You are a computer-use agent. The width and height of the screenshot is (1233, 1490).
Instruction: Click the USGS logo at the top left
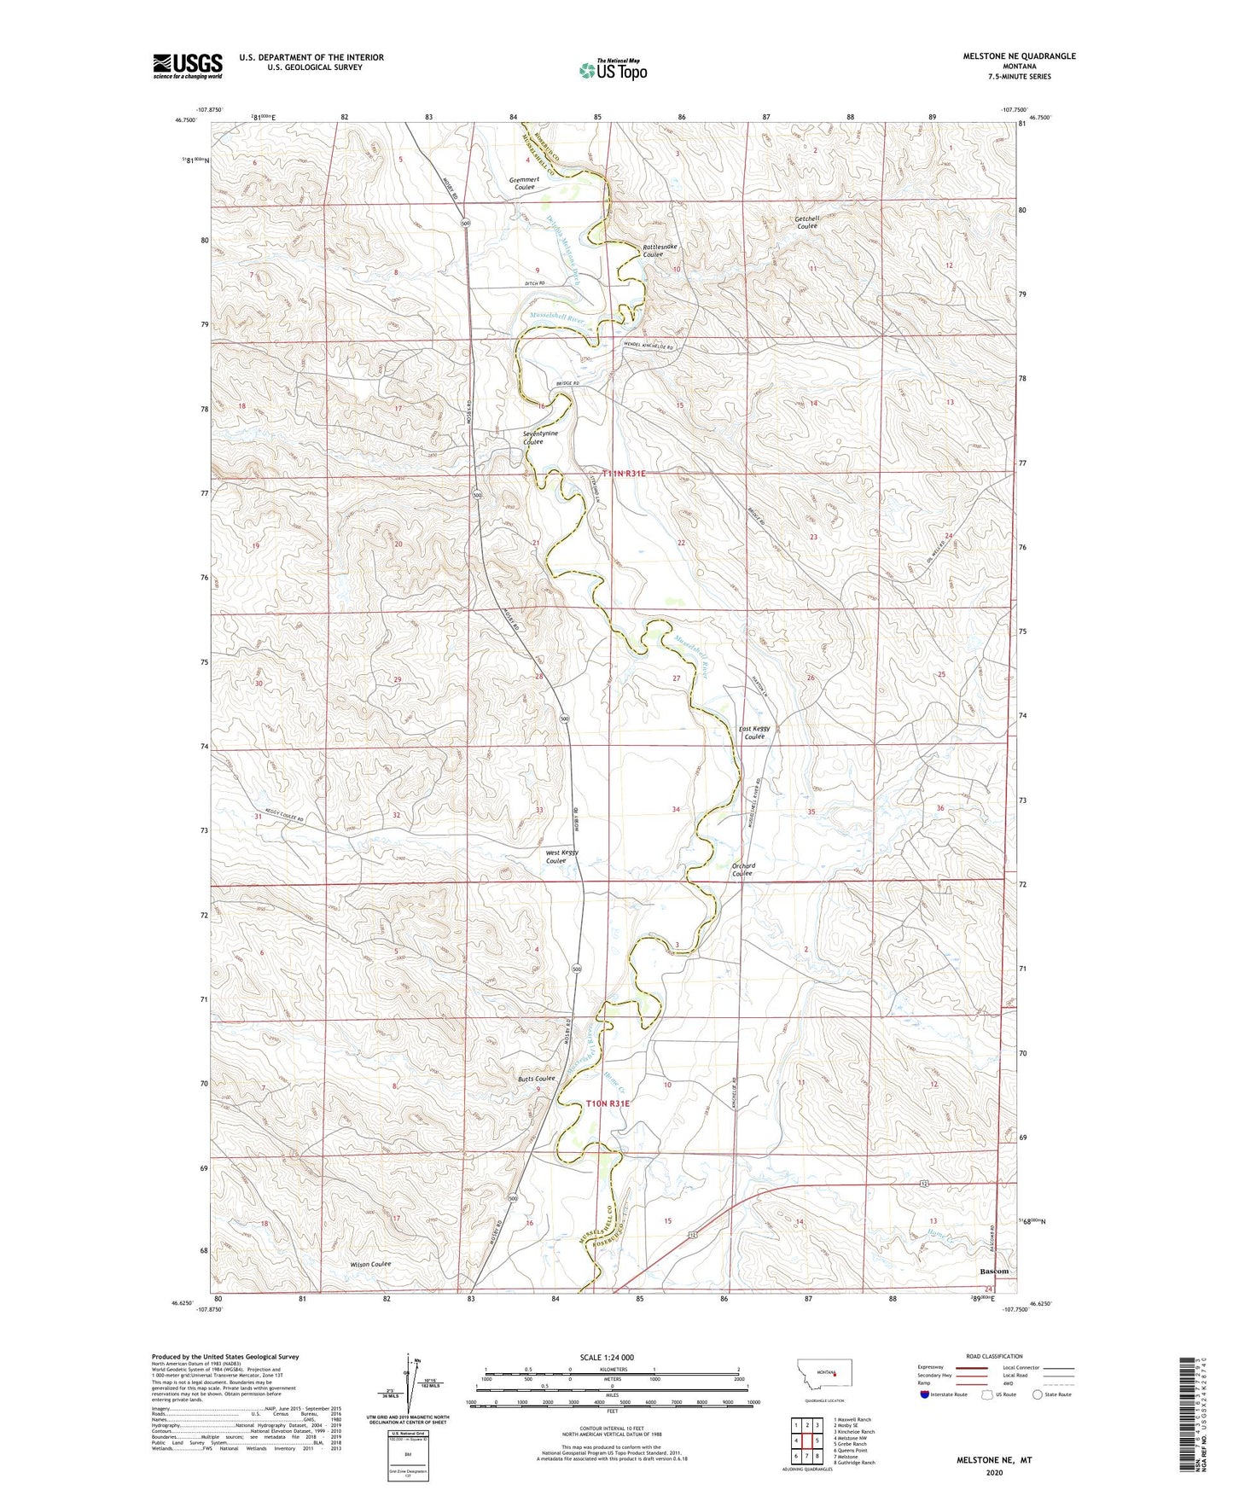tap(188, 66)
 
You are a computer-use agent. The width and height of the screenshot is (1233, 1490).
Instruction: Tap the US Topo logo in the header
tap(612, 70)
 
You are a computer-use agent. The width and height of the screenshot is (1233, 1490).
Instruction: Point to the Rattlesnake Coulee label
tap(660, 250)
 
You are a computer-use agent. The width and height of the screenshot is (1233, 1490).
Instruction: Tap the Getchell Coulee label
tap(806, 223)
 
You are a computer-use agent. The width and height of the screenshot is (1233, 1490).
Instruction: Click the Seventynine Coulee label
tap(540, 438)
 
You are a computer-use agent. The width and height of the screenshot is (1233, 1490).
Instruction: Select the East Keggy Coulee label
tap(754, 732)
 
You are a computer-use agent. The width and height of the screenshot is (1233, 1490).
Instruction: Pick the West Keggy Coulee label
tap(562, 857)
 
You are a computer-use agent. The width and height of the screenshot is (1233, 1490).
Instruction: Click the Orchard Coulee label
tap(742, 869)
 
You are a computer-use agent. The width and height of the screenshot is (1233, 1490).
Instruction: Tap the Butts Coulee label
tap(536, 1079)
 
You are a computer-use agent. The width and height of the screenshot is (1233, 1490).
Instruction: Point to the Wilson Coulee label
tap(369, 1264)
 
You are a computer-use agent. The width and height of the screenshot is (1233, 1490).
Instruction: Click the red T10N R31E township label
tap(608, 1103)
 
